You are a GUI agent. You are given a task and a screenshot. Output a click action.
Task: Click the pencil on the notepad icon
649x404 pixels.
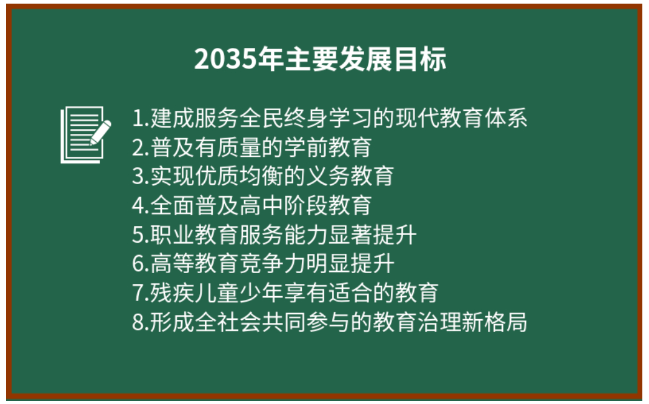tap(101, 131)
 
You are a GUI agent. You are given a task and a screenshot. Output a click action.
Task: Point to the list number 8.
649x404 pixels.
tap(138, 322)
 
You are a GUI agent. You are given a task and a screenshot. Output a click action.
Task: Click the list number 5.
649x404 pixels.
tap(138, 234)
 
